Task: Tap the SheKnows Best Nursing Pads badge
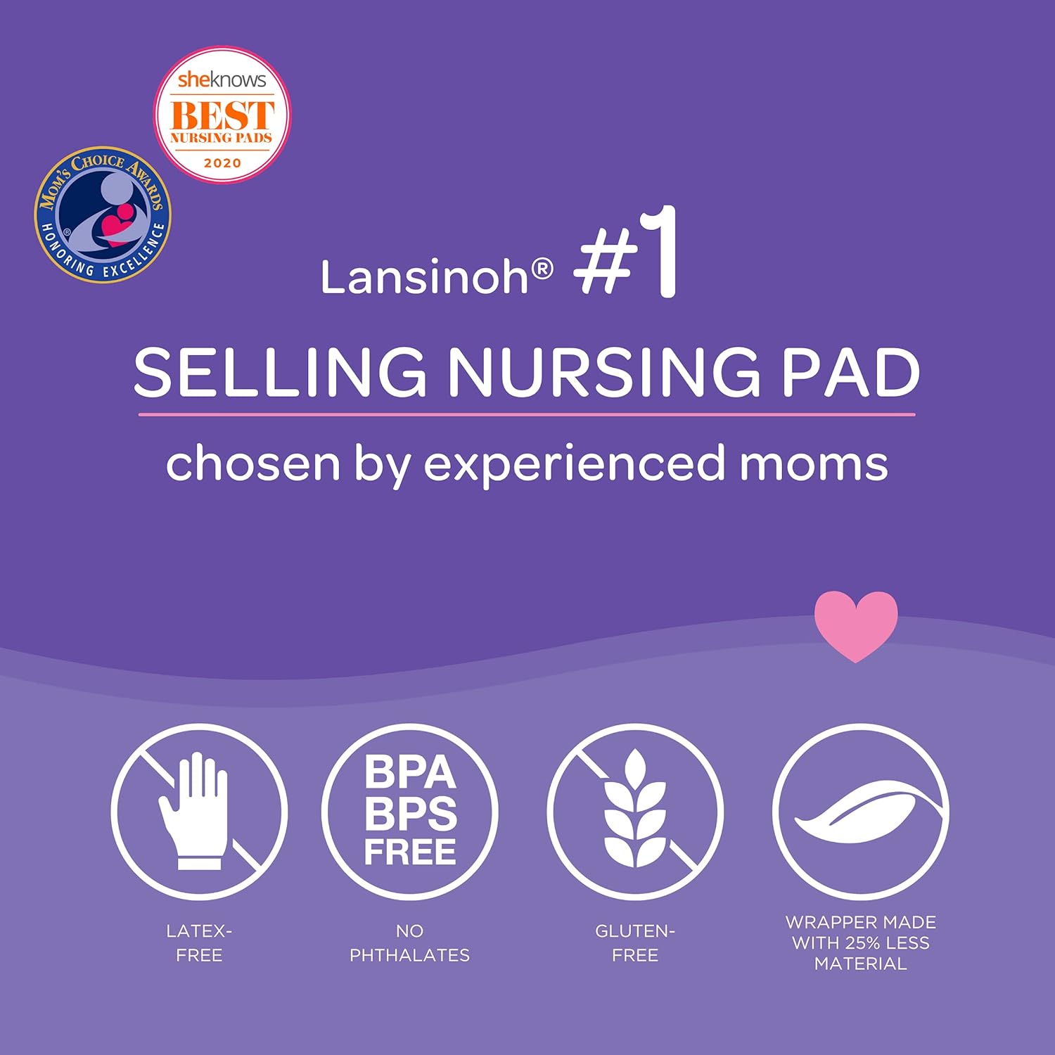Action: [222, 115]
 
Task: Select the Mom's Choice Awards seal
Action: [103, 215]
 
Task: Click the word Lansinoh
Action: [424, 277]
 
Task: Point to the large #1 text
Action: [626, 255]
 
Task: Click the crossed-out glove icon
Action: [199, 812]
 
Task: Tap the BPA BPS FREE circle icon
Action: [410, 812]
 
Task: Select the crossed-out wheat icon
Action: [635, 812]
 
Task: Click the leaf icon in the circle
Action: [860, 812]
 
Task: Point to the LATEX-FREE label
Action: [199, 942]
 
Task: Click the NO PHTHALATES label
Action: [409, 942]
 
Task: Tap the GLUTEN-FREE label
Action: [635, 942]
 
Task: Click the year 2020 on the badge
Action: [222, 163]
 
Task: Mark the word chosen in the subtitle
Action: [253, 464]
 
